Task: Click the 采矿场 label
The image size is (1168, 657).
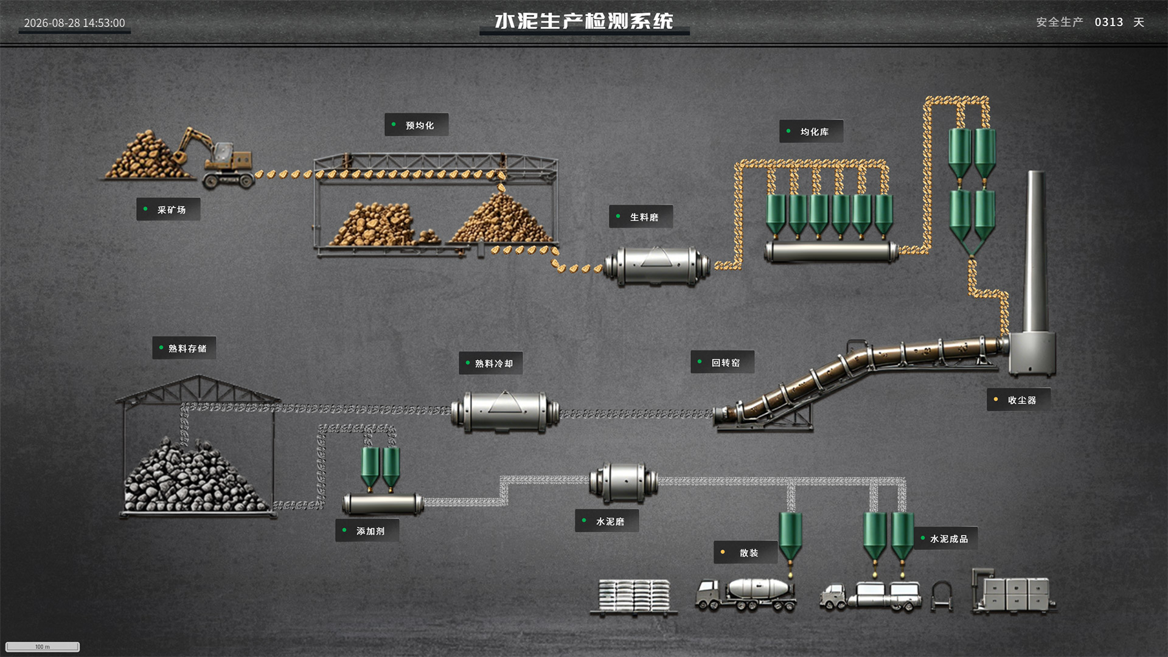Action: [169, 209]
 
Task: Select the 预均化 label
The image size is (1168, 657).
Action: [417, 125]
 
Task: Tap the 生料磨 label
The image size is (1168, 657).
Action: [641, 217]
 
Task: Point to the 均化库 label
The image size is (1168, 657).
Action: [812, 131]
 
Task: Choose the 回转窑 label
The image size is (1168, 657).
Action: [723, 363]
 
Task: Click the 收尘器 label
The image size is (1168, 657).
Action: [1019, 400]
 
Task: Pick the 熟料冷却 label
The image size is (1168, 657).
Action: [491, 363]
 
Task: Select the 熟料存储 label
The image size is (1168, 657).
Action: [184, 348]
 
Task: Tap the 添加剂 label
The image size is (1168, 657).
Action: [367, 530]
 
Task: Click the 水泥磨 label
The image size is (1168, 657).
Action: [607, 521]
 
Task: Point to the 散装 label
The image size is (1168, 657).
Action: [746, 552]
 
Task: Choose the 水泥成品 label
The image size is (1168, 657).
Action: [946, 538]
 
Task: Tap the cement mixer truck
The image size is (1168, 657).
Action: [746, 594]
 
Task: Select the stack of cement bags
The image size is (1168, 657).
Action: [634, 596]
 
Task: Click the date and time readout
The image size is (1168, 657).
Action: [74, 23]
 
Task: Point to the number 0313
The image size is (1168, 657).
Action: [1109, 22]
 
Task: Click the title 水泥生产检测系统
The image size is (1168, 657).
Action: [584, 21]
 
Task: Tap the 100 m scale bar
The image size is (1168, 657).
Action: [43, 647]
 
